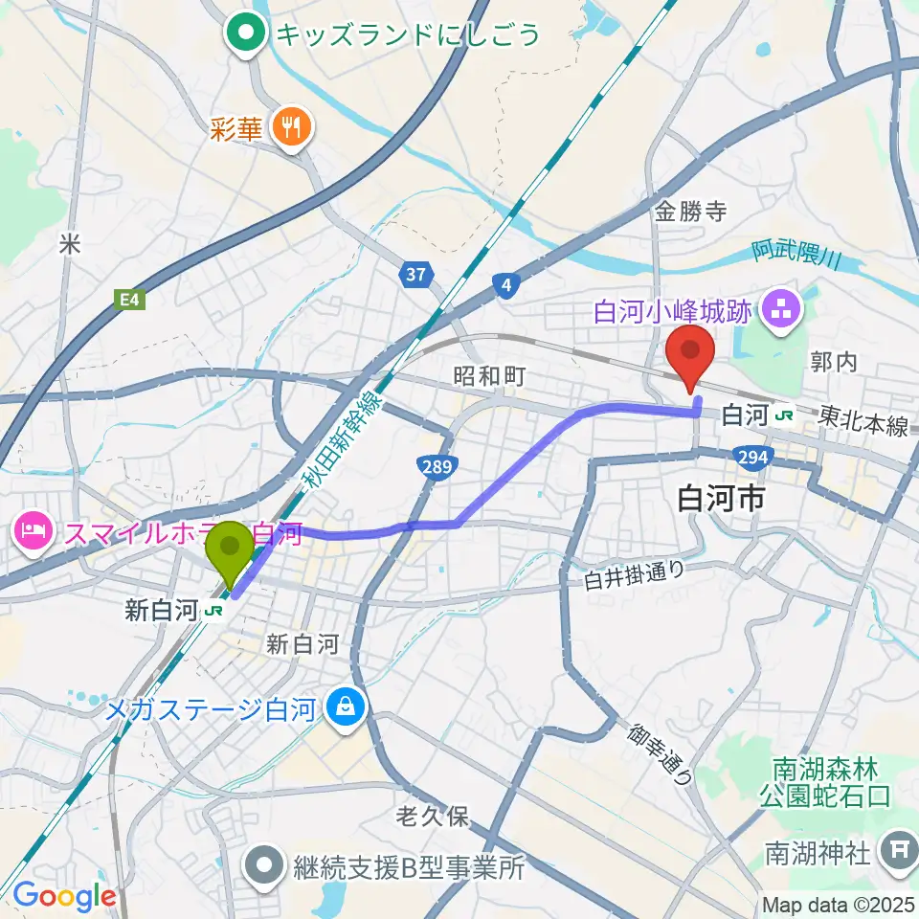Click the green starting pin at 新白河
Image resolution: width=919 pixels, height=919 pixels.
(231, 551)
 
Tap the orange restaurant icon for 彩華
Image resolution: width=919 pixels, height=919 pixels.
(288, 127)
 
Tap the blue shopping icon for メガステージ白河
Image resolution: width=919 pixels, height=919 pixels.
(342, 709)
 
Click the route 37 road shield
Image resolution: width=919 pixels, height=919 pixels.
(415, 276)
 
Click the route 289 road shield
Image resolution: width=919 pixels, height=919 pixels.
(435, 466)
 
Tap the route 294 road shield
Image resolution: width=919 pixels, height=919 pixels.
(753, 458)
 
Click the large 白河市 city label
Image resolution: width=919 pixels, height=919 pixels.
(720, 498)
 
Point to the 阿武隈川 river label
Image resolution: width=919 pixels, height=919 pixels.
(796, 255)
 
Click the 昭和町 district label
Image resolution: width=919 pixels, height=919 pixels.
(489, 376)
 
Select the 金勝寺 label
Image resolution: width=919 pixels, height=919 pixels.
(689, 213)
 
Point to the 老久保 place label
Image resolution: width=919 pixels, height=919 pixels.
(432, 817)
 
